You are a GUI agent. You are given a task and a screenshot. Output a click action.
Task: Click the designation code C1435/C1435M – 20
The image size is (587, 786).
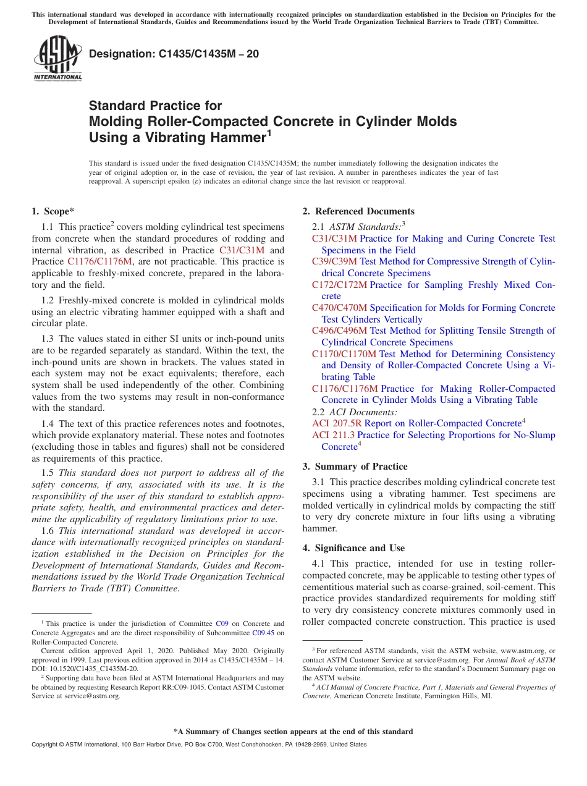coord(174,54)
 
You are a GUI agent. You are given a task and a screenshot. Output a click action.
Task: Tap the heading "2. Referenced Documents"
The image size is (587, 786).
coord(358,211)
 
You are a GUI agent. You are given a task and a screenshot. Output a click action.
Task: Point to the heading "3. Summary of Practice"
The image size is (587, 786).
coord(355,467)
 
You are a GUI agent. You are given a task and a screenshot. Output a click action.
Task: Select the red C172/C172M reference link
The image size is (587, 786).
coord(339,285)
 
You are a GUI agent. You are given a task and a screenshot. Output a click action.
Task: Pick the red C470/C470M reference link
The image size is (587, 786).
coord(339,308)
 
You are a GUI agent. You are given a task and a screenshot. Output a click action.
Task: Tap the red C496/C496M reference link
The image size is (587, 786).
coord(339,331)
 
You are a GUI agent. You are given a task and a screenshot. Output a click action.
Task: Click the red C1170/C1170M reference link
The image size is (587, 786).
coord(344,354)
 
